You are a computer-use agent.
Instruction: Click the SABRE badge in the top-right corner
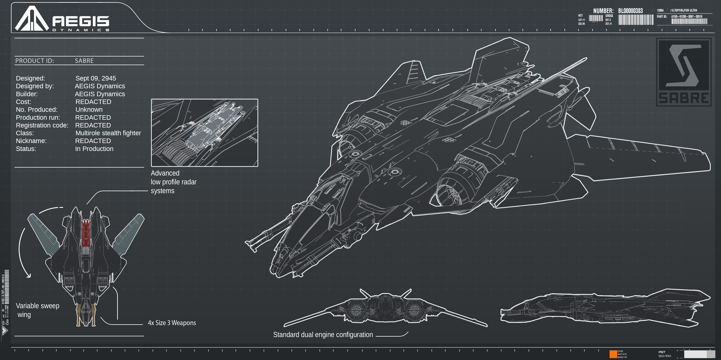click(x=683, y=72)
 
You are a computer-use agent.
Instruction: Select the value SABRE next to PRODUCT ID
click(x=84, y=61)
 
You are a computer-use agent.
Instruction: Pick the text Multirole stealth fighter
click(x=108, y=133)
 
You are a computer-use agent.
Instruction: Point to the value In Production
click(x=94, y=149)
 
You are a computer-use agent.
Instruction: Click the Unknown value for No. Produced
click(x=89, y=110)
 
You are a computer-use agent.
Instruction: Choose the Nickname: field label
click(x=31, y=141)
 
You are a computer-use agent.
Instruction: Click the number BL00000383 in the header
click(x=630, y=11)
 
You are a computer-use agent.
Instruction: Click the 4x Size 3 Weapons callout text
click(x=172, y=323)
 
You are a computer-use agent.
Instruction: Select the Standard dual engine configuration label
click(x=323, y=335)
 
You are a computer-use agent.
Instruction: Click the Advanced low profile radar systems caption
click(x=174, y=182)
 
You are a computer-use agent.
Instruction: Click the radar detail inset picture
click(x=204, y=133)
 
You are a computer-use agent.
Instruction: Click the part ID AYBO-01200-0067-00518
click(x=687, y=17)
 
